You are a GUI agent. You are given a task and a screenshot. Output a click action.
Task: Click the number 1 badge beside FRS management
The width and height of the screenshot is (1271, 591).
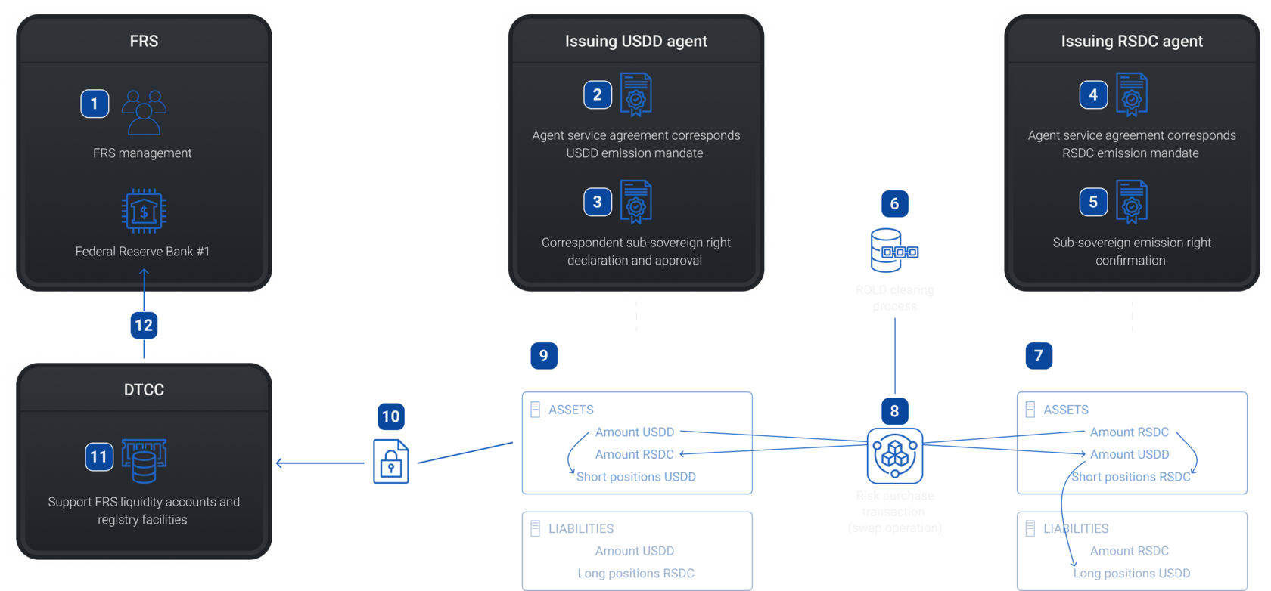click(95, 104)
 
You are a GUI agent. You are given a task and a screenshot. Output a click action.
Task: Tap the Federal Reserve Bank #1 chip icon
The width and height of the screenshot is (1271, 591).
click(144, 211)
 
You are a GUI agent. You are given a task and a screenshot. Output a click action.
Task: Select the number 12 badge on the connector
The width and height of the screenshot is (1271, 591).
click(144, 326)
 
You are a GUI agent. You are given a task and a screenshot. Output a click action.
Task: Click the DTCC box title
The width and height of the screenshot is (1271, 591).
click(144, 390)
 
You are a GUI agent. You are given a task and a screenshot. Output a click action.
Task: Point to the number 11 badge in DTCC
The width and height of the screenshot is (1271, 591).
click(99, 456)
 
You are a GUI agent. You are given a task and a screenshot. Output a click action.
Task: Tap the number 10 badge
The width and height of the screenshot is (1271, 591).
click(390, 416)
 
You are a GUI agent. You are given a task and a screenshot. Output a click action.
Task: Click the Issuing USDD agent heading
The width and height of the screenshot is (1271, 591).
click(635, 42)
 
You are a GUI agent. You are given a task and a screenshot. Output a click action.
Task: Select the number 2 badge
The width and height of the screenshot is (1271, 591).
click(598, 94)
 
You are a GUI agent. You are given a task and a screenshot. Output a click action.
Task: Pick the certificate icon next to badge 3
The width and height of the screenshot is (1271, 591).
click(635, 202)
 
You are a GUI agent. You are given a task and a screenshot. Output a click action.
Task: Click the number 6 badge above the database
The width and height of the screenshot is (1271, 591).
click(894, 203)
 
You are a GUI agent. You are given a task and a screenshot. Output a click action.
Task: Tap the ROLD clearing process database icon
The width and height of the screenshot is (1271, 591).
click(890, 250)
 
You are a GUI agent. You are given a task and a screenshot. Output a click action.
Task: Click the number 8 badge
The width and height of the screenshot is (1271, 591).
click(894, 411)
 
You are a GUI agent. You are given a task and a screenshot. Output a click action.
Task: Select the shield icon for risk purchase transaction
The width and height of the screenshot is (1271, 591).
click(894, 455)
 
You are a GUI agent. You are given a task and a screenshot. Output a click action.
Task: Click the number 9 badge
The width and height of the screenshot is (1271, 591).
click(543, 356)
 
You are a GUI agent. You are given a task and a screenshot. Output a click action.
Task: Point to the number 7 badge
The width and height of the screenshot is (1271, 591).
click(1038, 356)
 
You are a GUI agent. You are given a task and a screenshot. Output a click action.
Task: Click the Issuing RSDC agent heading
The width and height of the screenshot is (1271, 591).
click(1131, 42)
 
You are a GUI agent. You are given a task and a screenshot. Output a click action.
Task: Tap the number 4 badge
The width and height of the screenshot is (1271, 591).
click(1093, 94)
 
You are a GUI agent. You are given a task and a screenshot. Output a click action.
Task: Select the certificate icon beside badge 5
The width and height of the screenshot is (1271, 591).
click(1131, 202)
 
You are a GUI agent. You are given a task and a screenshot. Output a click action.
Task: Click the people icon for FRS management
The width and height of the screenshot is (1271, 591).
click(144, 112)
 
